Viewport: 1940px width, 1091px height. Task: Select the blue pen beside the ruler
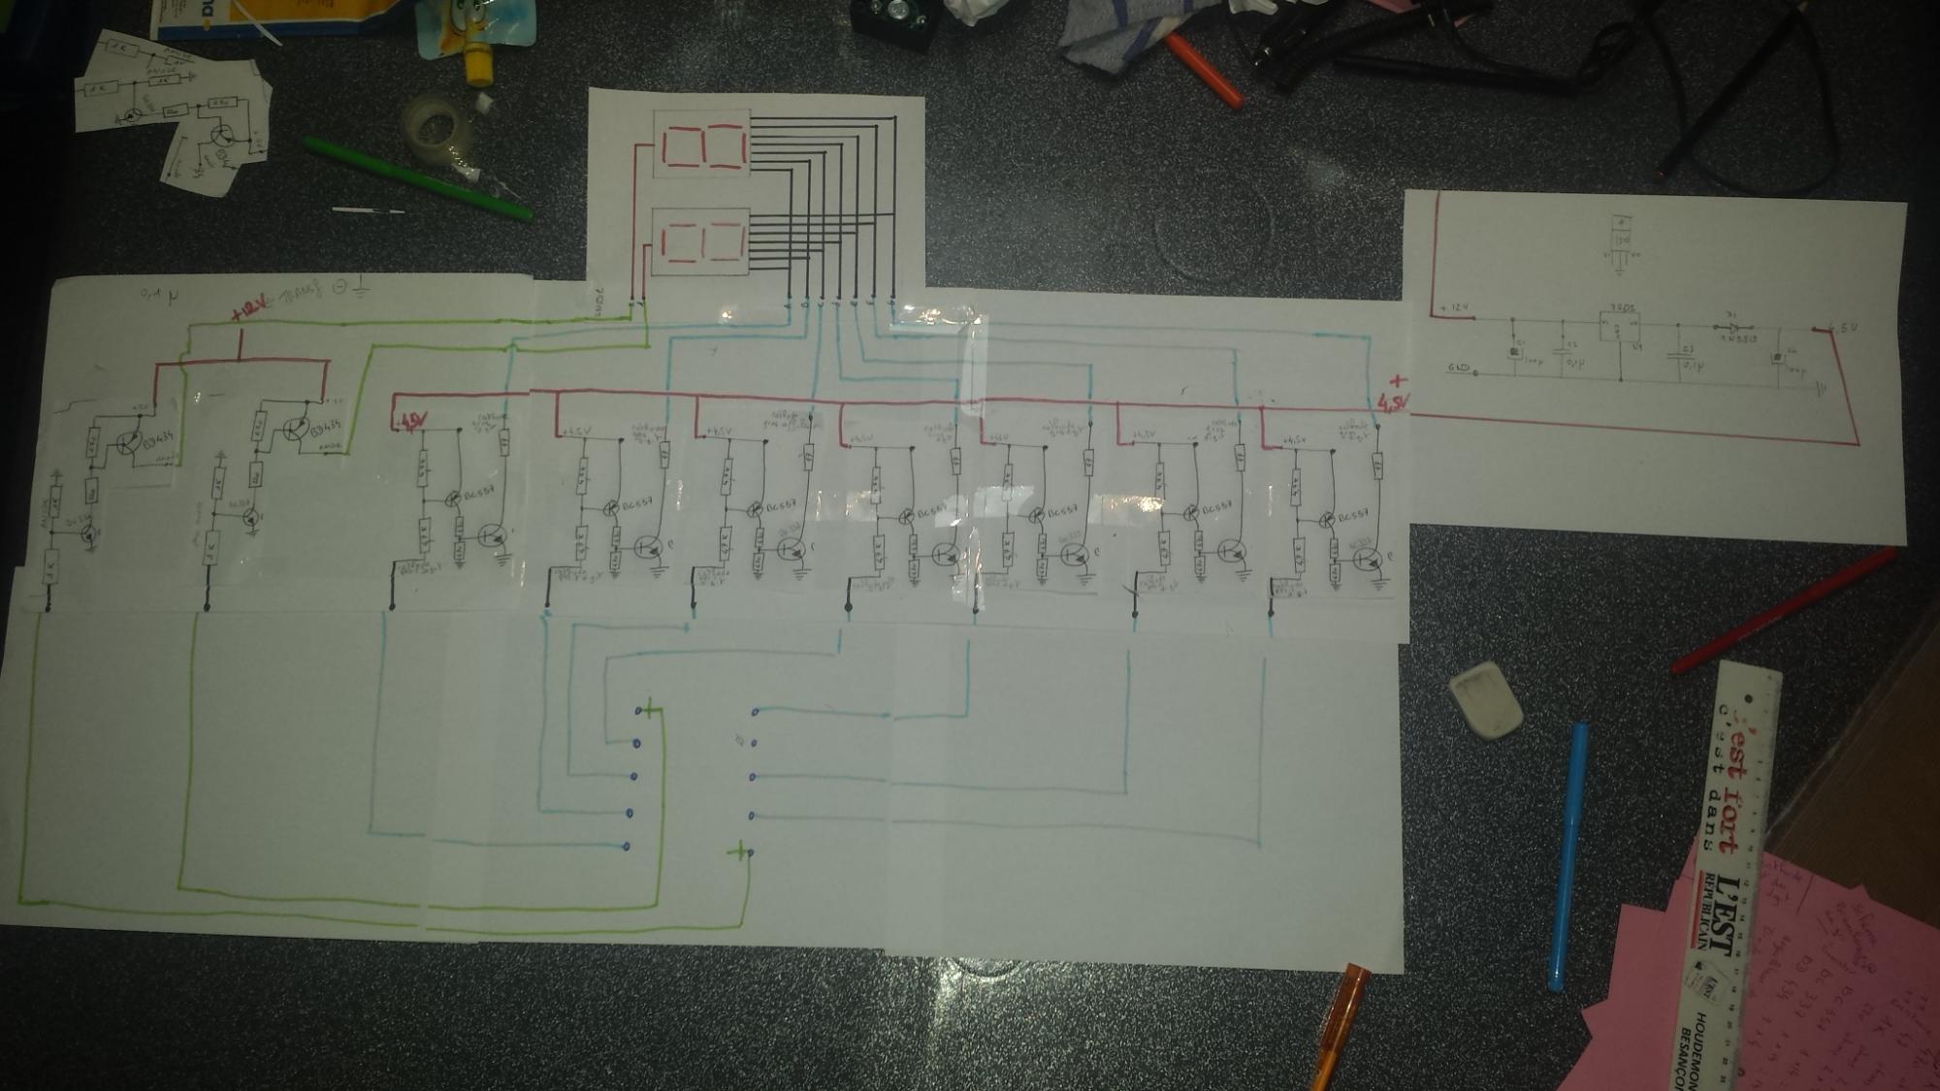click(x=1566, y=853)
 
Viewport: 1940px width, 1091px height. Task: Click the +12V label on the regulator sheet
click(x=1455, y=308)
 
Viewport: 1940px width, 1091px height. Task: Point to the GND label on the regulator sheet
click(x=1459, y=369)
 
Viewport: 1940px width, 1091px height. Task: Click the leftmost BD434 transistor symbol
click(x=128, y=443)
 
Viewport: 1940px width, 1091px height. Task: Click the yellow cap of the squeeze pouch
click(x=479, y=66)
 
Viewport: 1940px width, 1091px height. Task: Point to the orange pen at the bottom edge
click(x=1339, y=1028)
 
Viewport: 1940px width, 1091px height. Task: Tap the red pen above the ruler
click(x=1785, y=609)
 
